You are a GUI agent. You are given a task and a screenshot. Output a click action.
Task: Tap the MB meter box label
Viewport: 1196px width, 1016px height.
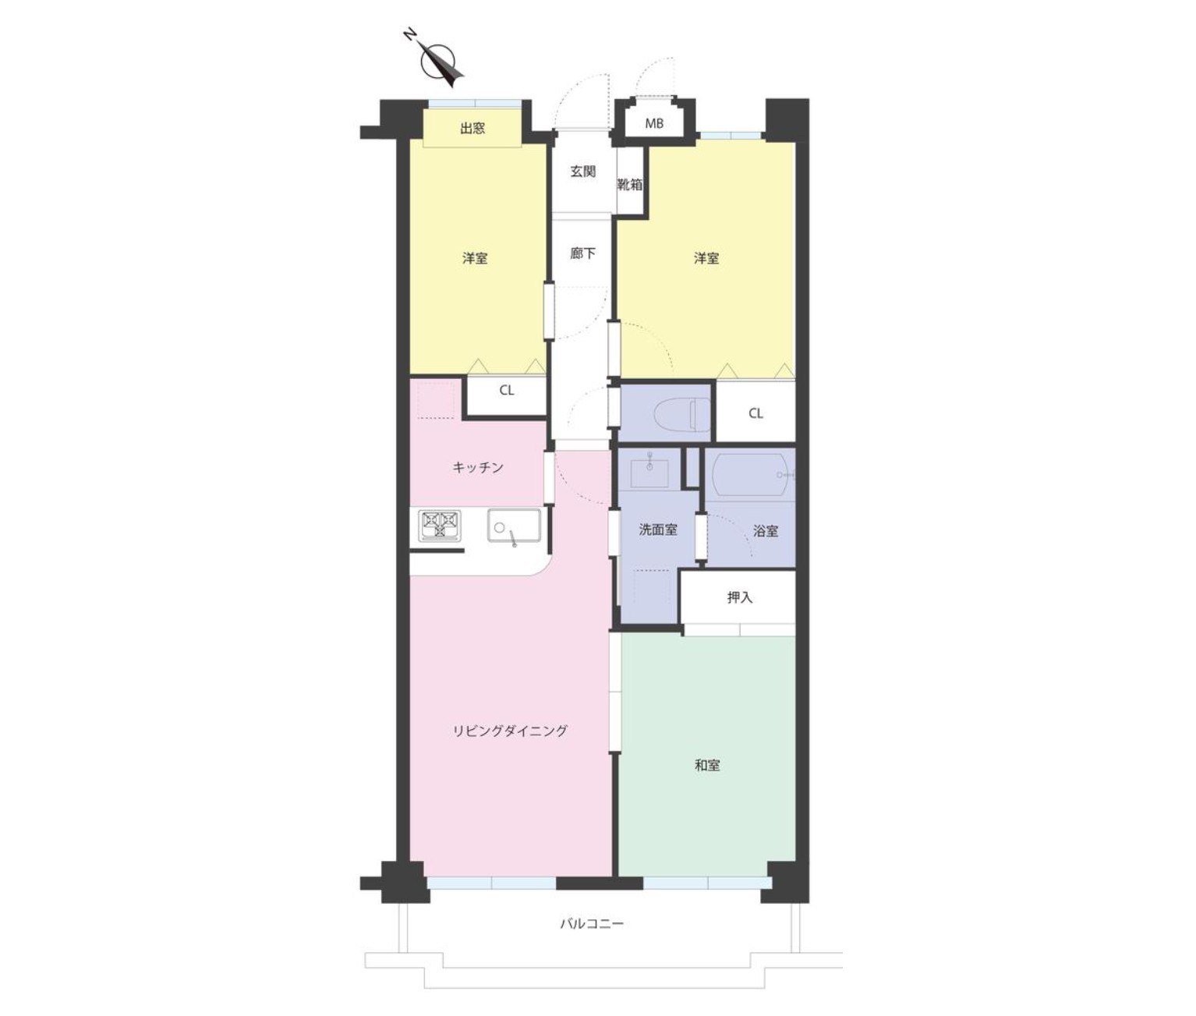(654, 123)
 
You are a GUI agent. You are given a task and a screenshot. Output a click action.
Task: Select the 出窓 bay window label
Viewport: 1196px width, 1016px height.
(472, 129)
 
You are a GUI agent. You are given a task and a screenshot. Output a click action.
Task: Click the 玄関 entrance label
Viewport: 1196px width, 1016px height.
(582, 172)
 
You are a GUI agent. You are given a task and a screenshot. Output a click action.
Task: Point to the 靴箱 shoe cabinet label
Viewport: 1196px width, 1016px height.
(629, 185)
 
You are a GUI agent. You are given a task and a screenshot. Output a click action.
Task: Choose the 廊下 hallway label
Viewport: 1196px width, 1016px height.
(582, 253)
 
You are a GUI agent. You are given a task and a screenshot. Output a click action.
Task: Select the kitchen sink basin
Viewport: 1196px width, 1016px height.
(514, 525)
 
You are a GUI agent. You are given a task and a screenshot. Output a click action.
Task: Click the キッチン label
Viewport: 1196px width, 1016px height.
(478, 467)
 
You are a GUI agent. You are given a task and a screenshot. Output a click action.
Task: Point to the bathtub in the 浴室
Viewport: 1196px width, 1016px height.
(751, 474)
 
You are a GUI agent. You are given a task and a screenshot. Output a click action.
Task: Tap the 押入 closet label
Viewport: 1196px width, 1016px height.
(739, 598)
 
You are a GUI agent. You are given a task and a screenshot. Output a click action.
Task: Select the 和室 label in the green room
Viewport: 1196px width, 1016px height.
(707, 766)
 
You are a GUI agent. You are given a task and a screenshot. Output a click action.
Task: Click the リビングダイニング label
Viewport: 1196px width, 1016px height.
(510, 731)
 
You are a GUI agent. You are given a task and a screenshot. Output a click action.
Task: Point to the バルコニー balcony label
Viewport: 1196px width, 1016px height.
(592, 923)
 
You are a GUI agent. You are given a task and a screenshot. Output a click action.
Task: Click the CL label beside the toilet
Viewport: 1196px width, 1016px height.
(755, 413)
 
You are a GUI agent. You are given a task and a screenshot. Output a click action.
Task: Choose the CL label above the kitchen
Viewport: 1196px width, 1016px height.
(507, 390)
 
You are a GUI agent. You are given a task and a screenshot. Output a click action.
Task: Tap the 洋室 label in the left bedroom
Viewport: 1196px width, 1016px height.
(475, 258)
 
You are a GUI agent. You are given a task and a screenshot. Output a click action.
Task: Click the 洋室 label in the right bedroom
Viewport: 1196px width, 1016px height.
(706, 258)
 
